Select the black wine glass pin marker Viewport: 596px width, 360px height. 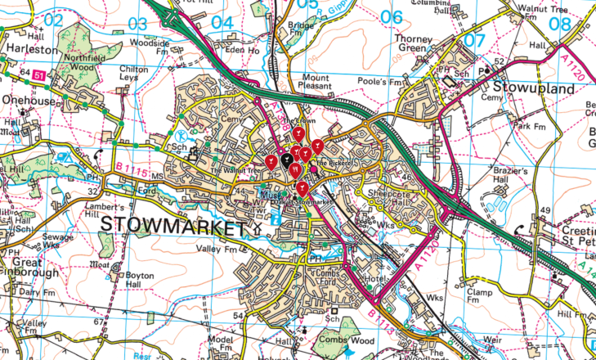(287, 160)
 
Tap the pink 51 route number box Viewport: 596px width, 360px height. (39, 74)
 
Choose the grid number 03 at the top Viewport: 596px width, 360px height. (139, 23)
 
